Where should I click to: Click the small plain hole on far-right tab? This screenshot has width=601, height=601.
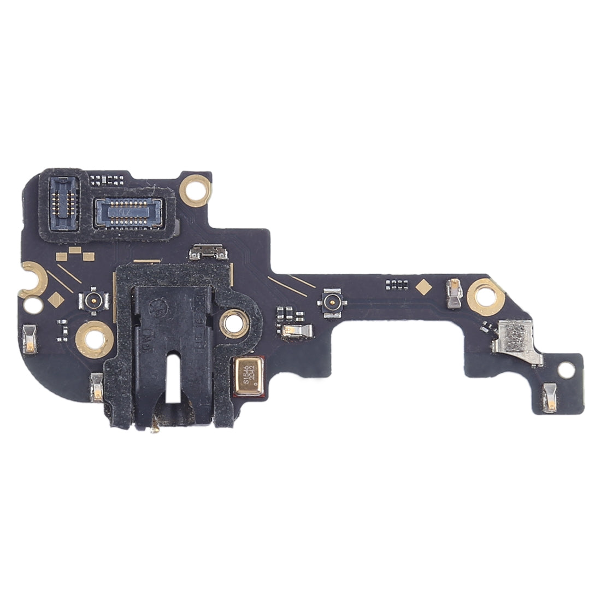[564, 369]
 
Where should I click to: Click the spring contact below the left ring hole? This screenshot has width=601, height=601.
[97, 386]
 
